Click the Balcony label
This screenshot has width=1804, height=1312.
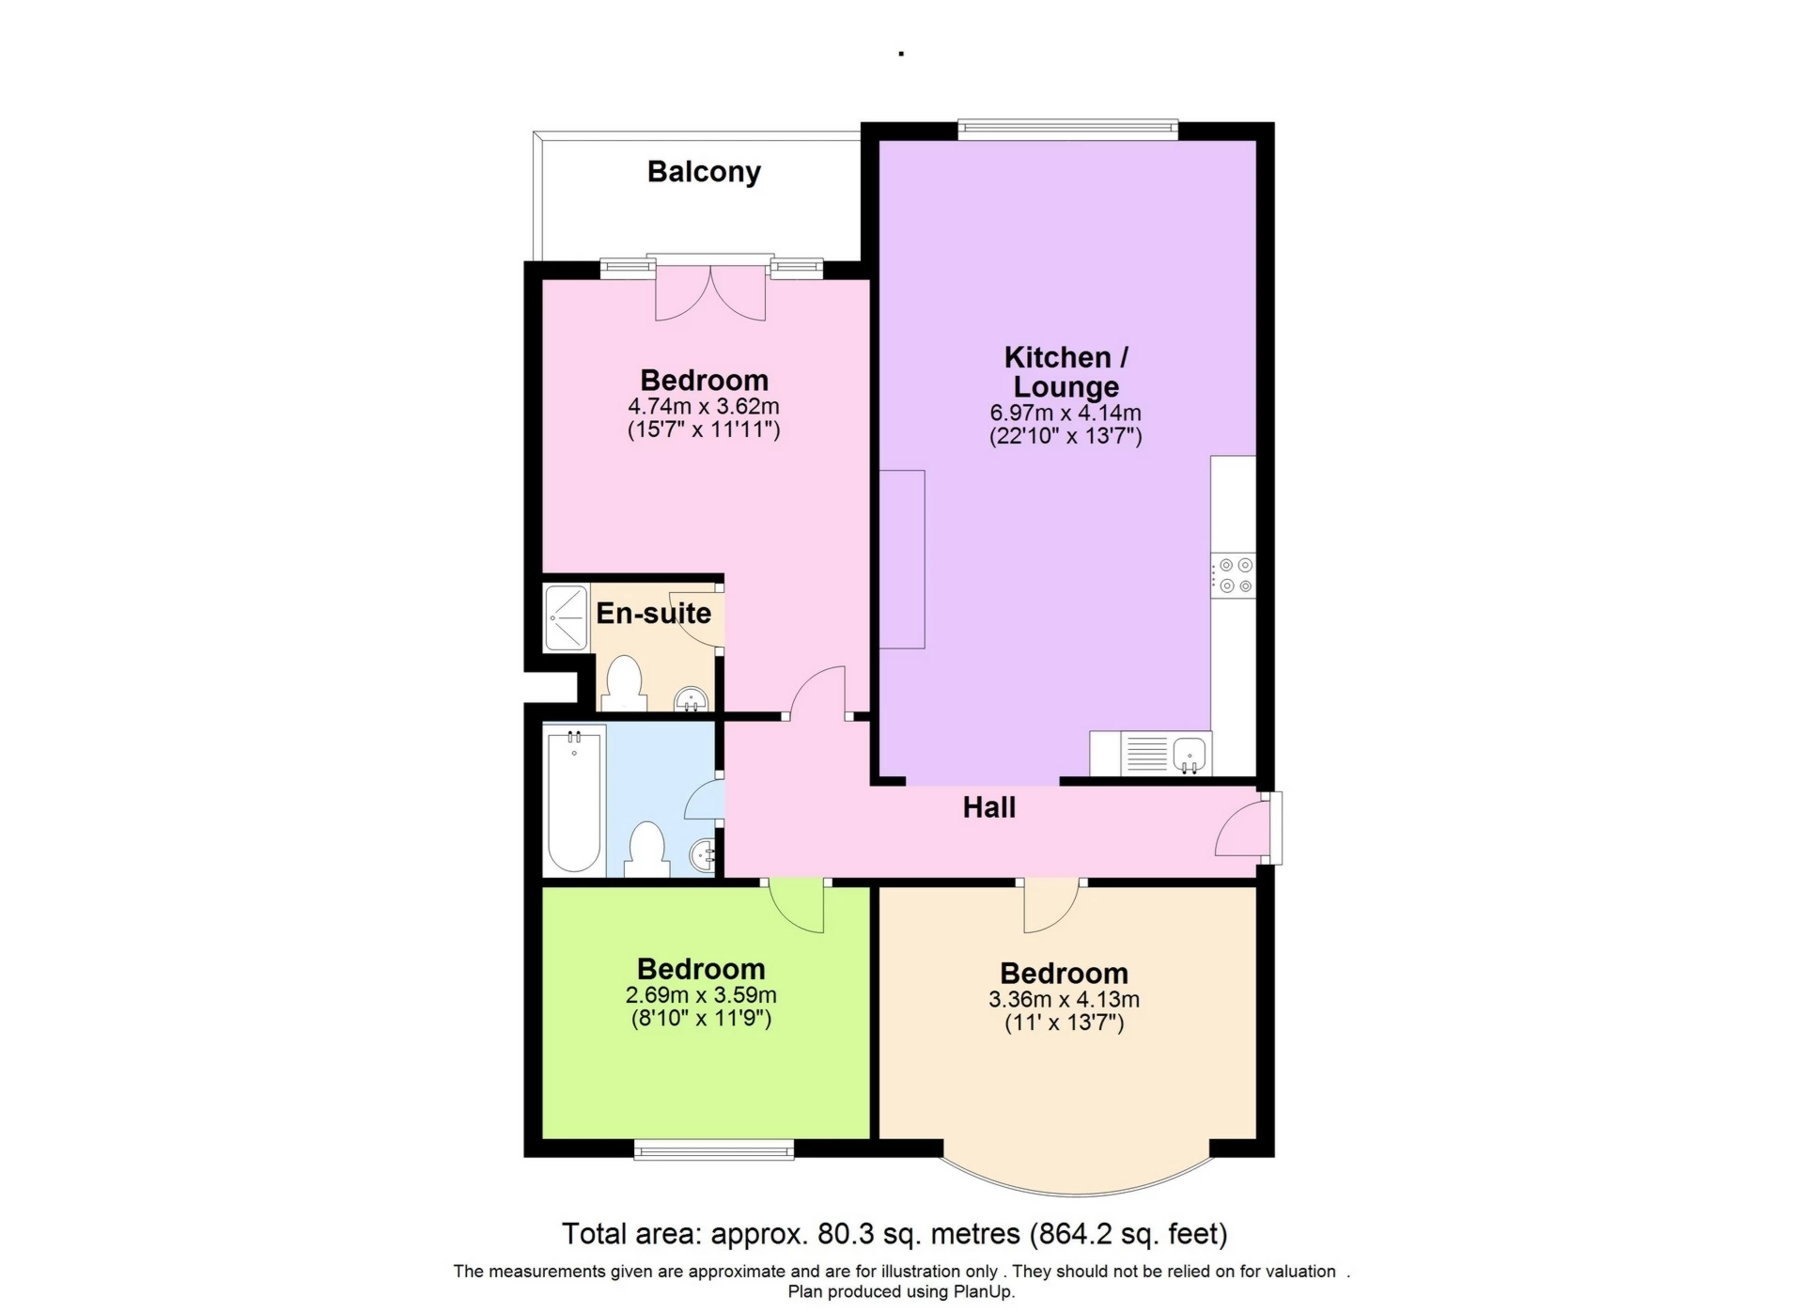click(x=704, y=172)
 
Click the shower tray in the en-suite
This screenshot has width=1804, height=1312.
click(x=566, y=617)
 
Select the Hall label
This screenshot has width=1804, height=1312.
click(x=988, y=807)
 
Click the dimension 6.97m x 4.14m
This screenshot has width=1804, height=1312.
click(x=1065, y=413)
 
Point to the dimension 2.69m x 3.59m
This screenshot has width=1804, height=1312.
click(x=701, y=995)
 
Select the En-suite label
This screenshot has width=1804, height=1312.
click(x=654, y=613)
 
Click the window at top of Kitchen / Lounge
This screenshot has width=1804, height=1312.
click(x=1067, y=129)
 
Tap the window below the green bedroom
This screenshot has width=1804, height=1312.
click(x=713, y=1148)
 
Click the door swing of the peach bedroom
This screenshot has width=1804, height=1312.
click(x=1050, y=909)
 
